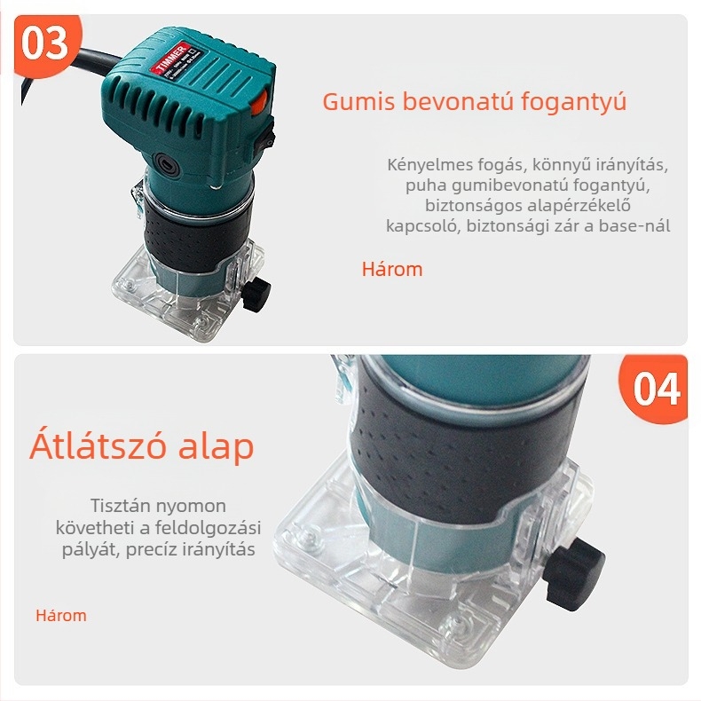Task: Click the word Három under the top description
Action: tap(392, 269)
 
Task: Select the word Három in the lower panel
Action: tap(61, 615)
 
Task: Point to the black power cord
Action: tap(35, 85)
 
